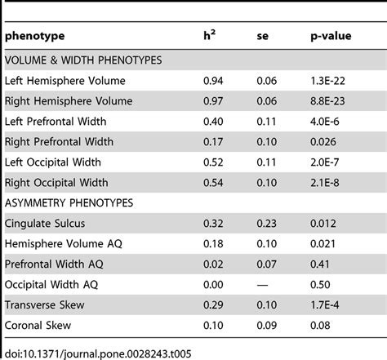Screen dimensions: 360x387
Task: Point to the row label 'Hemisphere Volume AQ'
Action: pyautogui.click(x=65, y=242)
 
